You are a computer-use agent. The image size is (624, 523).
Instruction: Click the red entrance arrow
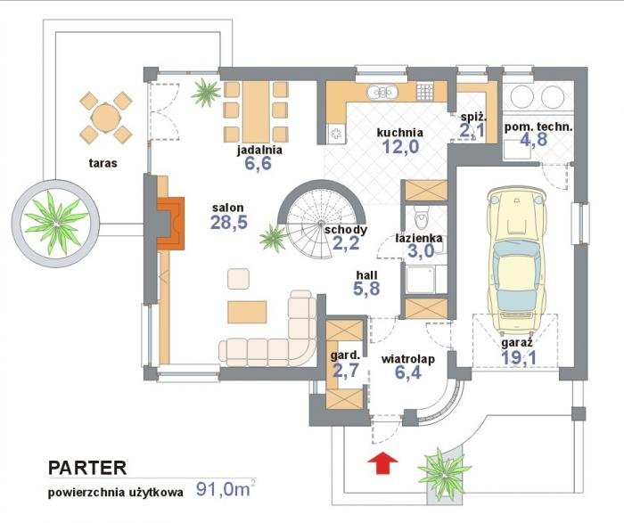(382, 463)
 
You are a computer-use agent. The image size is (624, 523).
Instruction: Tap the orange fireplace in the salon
(171, 223)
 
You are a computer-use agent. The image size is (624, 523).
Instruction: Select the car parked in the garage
(516, 260)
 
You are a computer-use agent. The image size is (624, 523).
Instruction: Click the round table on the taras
(105, 118)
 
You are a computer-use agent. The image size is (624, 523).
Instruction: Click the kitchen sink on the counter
(382, 92)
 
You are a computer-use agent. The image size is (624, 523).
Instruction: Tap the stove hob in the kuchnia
(424, 92)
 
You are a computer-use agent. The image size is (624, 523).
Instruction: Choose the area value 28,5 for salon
(229, 223)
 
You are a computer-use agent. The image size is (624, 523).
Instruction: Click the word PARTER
(87, 468)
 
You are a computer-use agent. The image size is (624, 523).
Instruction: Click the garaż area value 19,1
(518, 357)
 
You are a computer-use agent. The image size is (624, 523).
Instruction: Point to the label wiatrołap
(408, 359)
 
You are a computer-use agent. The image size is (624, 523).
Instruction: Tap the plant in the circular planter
(55, 223)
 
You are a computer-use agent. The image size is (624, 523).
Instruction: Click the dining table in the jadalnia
(256, 111)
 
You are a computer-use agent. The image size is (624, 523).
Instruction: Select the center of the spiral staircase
(321, 224)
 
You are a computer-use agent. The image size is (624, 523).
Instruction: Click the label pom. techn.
(538, 127)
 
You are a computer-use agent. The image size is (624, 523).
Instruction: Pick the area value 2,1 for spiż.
(472, 130)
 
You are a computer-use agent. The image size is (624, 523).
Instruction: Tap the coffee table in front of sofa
(247, 312)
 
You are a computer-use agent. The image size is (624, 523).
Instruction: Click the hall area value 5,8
(366, 289)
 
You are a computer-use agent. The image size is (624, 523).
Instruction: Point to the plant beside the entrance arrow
(444, 473)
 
